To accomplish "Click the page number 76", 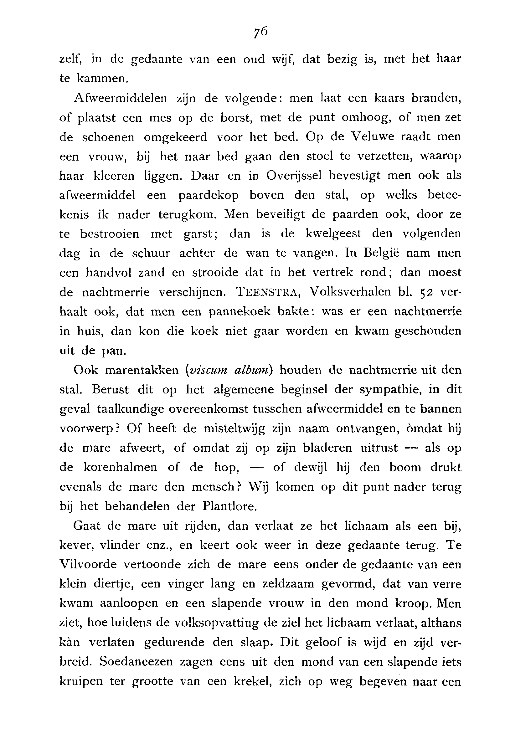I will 260,32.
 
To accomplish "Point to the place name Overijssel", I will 294,176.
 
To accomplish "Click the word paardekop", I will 209,195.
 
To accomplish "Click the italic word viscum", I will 208,370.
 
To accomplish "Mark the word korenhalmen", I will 120,468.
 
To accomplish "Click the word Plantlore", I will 229,507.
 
